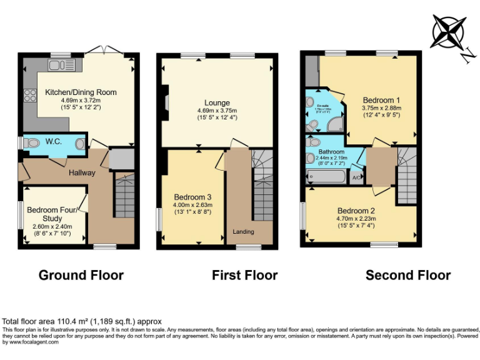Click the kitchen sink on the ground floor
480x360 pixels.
pyautogui.click(x=61, y=65)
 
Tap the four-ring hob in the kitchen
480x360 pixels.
pyautogui.click(x=29, y=96)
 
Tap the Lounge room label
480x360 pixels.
pyautogui.click(x=217, y=103)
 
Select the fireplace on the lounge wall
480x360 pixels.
pyautogui.click(x=166, y=101)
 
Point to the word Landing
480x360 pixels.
pyautogui.click(x=243, y=232)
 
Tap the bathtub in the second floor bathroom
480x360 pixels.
pyautogui.click(x=326, y=178)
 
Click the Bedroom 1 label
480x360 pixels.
pyautogui.click(x=381, y=100)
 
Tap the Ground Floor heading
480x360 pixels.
pyautogui.click(x=81, y=275)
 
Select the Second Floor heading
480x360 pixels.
pyautogui.click(x=407, y=275)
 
